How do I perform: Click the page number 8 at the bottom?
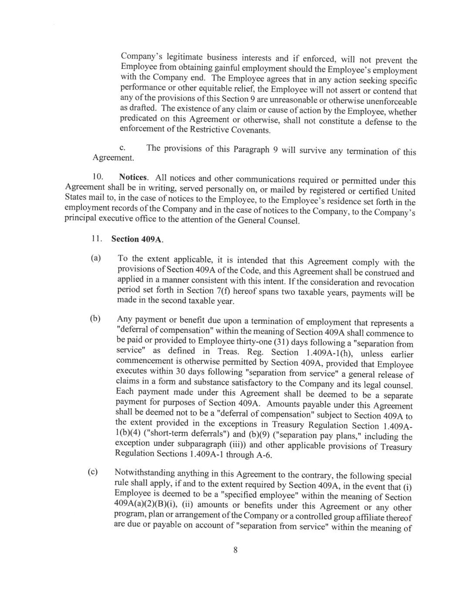(x=235, y=550)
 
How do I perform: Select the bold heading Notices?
(x=134, y=178)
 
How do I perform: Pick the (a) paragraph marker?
(x=96, y=258)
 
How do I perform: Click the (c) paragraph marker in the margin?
(x=93, y=472)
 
